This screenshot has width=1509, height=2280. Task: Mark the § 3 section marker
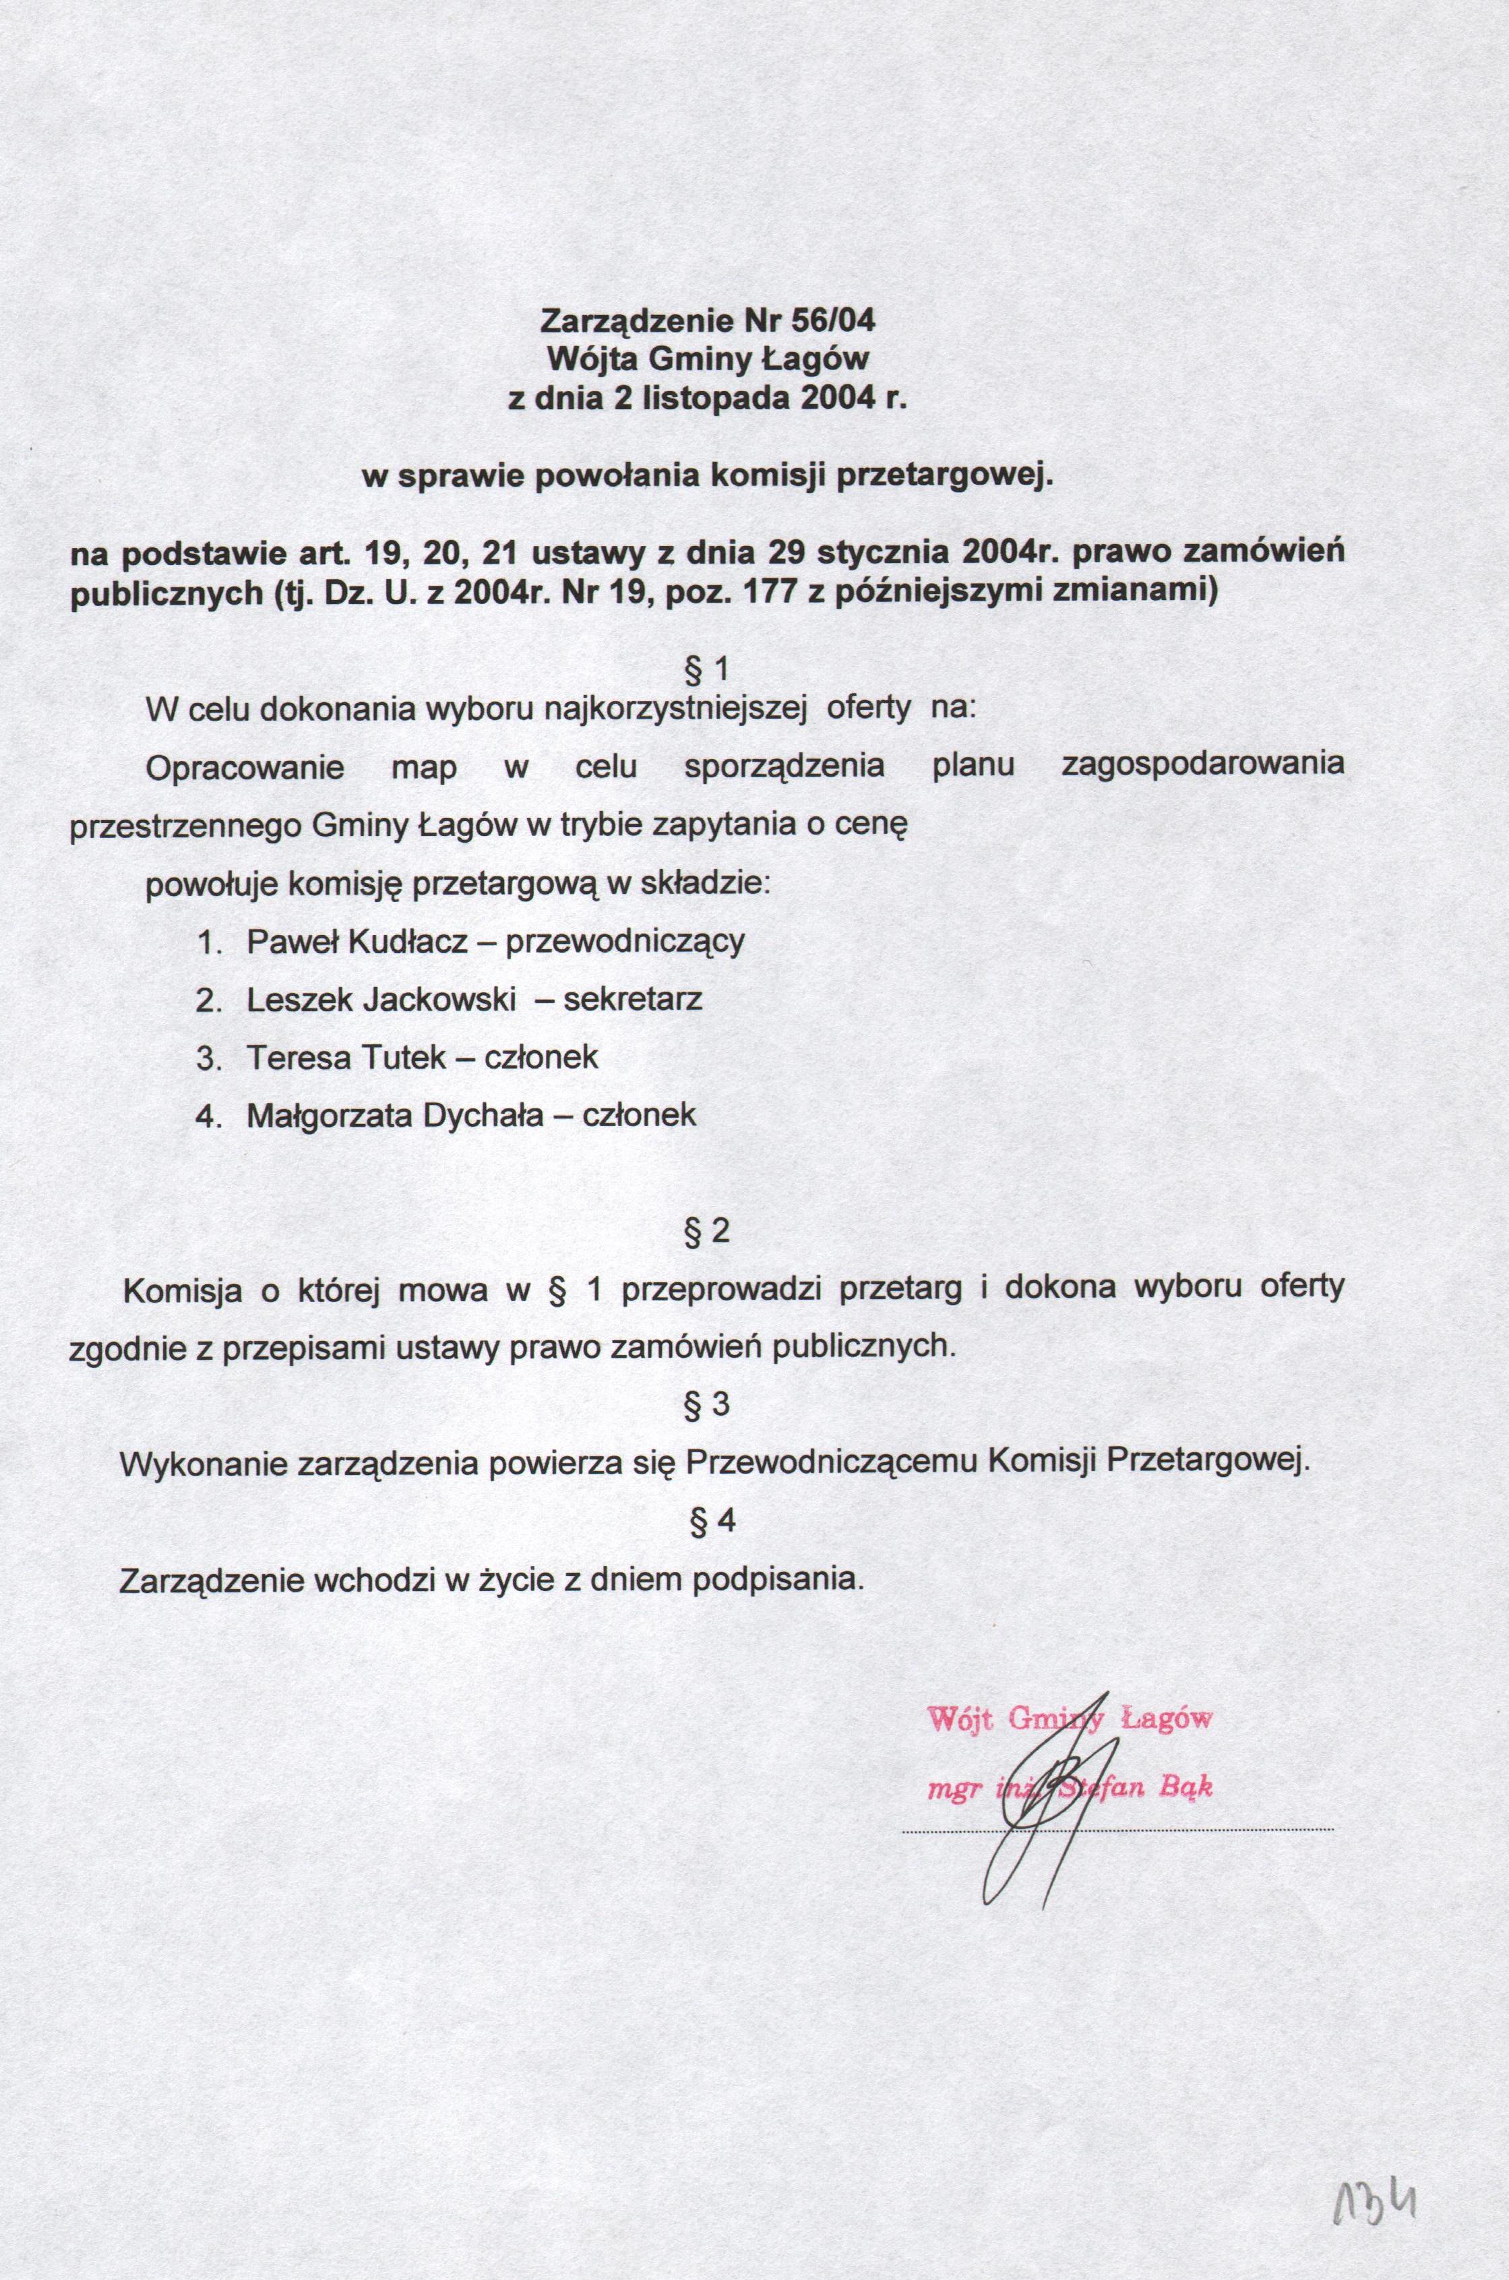708,1405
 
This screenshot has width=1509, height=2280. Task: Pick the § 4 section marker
708,1521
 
